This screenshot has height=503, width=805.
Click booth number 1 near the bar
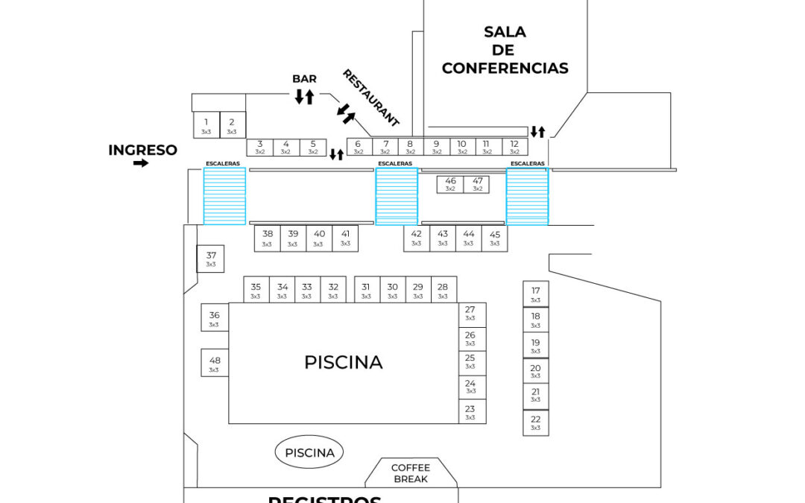click(206, 125)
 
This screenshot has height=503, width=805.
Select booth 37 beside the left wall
click(211, 259)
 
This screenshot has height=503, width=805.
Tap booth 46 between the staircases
click(450, 184)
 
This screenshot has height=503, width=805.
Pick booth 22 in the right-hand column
click(536, 423)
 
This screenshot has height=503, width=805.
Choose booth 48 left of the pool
click(215, 364)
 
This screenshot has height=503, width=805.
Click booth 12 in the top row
click(514, 147)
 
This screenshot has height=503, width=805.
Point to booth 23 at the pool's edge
click(470, 412)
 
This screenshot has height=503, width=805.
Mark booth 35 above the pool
click(256, 290)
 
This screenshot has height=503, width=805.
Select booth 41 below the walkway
click(345, 238)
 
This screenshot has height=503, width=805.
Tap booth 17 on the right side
click(536, 294)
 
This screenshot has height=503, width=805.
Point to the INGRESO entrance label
click(143, 150)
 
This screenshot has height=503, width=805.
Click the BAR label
click(304, 79)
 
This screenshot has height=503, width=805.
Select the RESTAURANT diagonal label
click(370, 98)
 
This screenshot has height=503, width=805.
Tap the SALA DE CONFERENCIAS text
click(505, 51)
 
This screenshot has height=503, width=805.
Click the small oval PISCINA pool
click(309, 452)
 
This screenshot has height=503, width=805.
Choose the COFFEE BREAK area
click(411, 473)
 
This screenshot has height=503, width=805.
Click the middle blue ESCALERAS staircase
click(397, 196)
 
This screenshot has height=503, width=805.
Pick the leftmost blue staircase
click(224, 196)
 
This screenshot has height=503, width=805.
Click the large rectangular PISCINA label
click(343, 363)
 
